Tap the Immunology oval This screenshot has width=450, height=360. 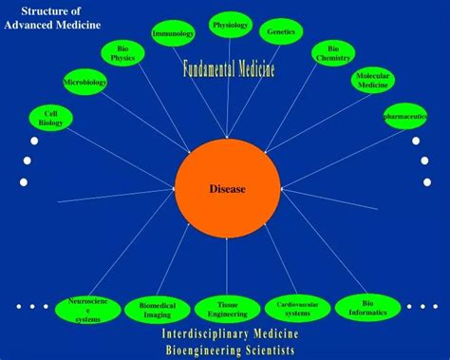pos(173,34)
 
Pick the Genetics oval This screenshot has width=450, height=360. pos(281,32)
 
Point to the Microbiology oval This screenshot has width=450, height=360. pos(84,83)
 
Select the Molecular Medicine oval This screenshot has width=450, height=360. pos(373,81)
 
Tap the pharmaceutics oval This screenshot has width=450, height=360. pos(405,116)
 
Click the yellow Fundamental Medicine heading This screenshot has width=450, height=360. pos(230,68)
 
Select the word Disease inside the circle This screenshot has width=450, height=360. pos(228,189)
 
